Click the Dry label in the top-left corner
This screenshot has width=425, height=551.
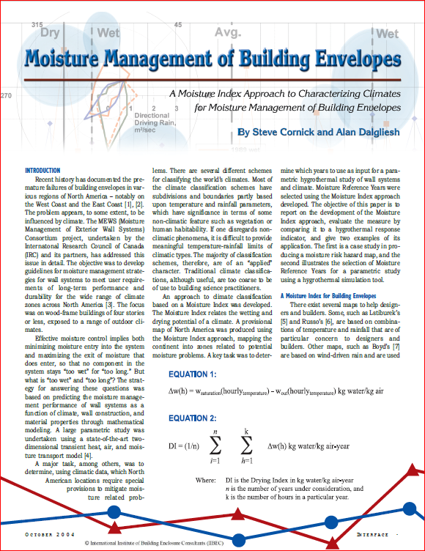tap(51, 33)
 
